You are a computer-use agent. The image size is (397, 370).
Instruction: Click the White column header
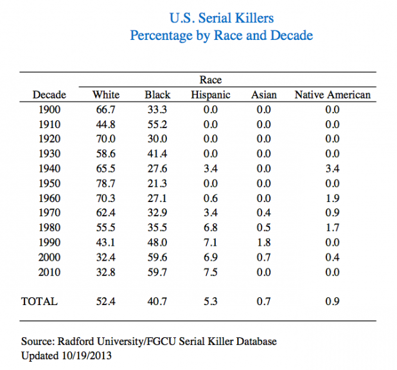pos(106,95)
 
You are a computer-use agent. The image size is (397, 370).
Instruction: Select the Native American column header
pos(332,95)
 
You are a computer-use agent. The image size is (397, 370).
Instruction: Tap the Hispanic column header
pos(211,95)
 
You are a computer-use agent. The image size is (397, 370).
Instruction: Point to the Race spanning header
pos(211,80)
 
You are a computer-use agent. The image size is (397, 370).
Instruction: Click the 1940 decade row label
pos(49,169)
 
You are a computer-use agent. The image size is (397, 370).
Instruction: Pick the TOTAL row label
pos(39,301)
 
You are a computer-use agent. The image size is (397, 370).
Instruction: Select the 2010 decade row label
pos(49,272)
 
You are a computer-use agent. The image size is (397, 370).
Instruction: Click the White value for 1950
pos(105,183)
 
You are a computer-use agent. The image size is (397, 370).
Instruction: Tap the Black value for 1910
pos(157,125)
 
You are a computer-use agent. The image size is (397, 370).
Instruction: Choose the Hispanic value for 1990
pos(211,243)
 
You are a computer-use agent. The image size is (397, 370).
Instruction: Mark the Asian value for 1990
pos(263,243)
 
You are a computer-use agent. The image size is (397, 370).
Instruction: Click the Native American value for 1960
pos(332,198)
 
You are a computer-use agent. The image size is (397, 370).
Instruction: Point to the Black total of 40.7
pos(157,301)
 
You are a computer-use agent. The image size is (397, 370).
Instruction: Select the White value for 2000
pos(105,257)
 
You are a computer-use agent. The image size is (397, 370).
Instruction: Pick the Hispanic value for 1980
pos(211,228)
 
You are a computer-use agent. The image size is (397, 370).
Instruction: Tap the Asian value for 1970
pos(263,212)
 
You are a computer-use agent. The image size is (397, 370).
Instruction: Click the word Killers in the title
pos(254,18)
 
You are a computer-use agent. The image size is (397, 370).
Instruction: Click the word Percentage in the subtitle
pos(161,36)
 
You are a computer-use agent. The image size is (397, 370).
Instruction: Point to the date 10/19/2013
pos(87,356)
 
